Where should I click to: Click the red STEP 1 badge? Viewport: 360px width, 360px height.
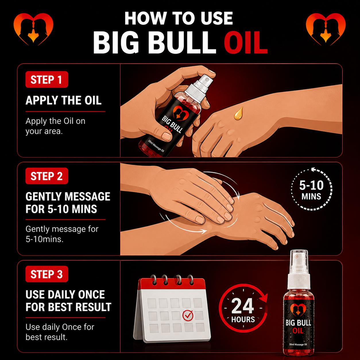tap(47, 80)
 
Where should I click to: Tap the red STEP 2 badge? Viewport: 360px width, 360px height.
tap(47, 176)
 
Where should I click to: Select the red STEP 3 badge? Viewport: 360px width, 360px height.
tap(47, 274)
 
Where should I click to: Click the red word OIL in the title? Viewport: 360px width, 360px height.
tap(246, 42)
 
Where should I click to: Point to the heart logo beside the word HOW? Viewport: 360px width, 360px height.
tap(33, 29)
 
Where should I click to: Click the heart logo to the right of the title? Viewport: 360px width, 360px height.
tap(326, 29)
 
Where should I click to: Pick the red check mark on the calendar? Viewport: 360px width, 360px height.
tap(187, 316)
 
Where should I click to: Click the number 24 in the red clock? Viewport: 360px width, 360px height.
tap(243, 306)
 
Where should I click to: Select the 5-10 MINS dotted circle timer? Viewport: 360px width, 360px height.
tap(311, 189)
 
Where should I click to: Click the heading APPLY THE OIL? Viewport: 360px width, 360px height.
tap(63, 100)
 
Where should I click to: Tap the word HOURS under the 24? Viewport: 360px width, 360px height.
tap(243, 320)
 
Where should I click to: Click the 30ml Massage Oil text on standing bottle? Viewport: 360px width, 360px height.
tap(298, 344)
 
